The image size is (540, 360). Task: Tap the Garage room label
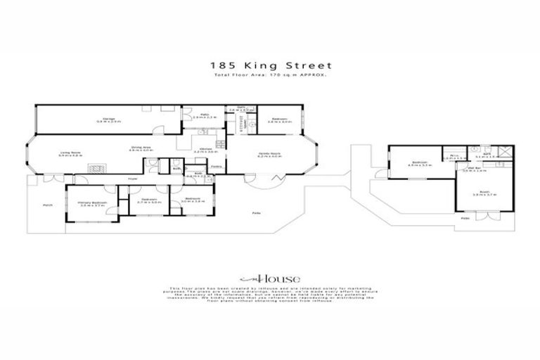point(109,120)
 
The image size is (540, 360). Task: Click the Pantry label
point(217,167)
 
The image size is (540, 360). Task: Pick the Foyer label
point(131,181)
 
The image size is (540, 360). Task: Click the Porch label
point(48,205)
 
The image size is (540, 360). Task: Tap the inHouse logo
point(269,278)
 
